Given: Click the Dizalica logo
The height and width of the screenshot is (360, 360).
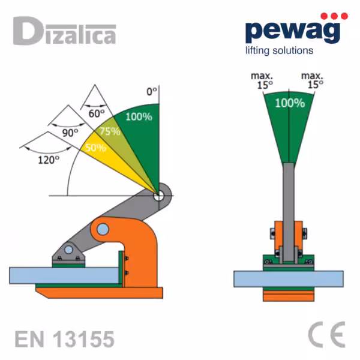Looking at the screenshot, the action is coord(65,31).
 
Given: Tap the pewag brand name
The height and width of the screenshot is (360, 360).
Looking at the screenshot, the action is coord(293,31).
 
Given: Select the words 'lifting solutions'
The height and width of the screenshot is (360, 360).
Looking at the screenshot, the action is coord(279,51).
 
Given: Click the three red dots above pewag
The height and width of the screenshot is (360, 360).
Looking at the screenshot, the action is coord(334,16).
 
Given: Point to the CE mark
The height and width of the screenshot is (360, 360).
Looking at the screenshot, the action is coord(326,335).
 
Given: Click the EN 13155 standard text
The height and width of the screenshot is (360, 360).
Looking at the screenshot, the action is coord(65,339).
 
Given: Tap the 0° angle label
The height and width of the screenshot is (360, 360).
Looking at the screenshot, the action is coord(152,92).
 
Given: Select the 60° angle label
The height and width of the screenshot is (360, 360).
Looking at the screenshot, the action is coord(97,113).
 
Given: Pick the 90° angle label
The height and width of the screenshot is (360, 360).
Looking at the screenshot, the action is coord(70,133).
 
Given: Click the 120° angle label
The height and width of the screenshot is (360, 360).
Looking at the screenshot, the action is coord(49,160).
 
